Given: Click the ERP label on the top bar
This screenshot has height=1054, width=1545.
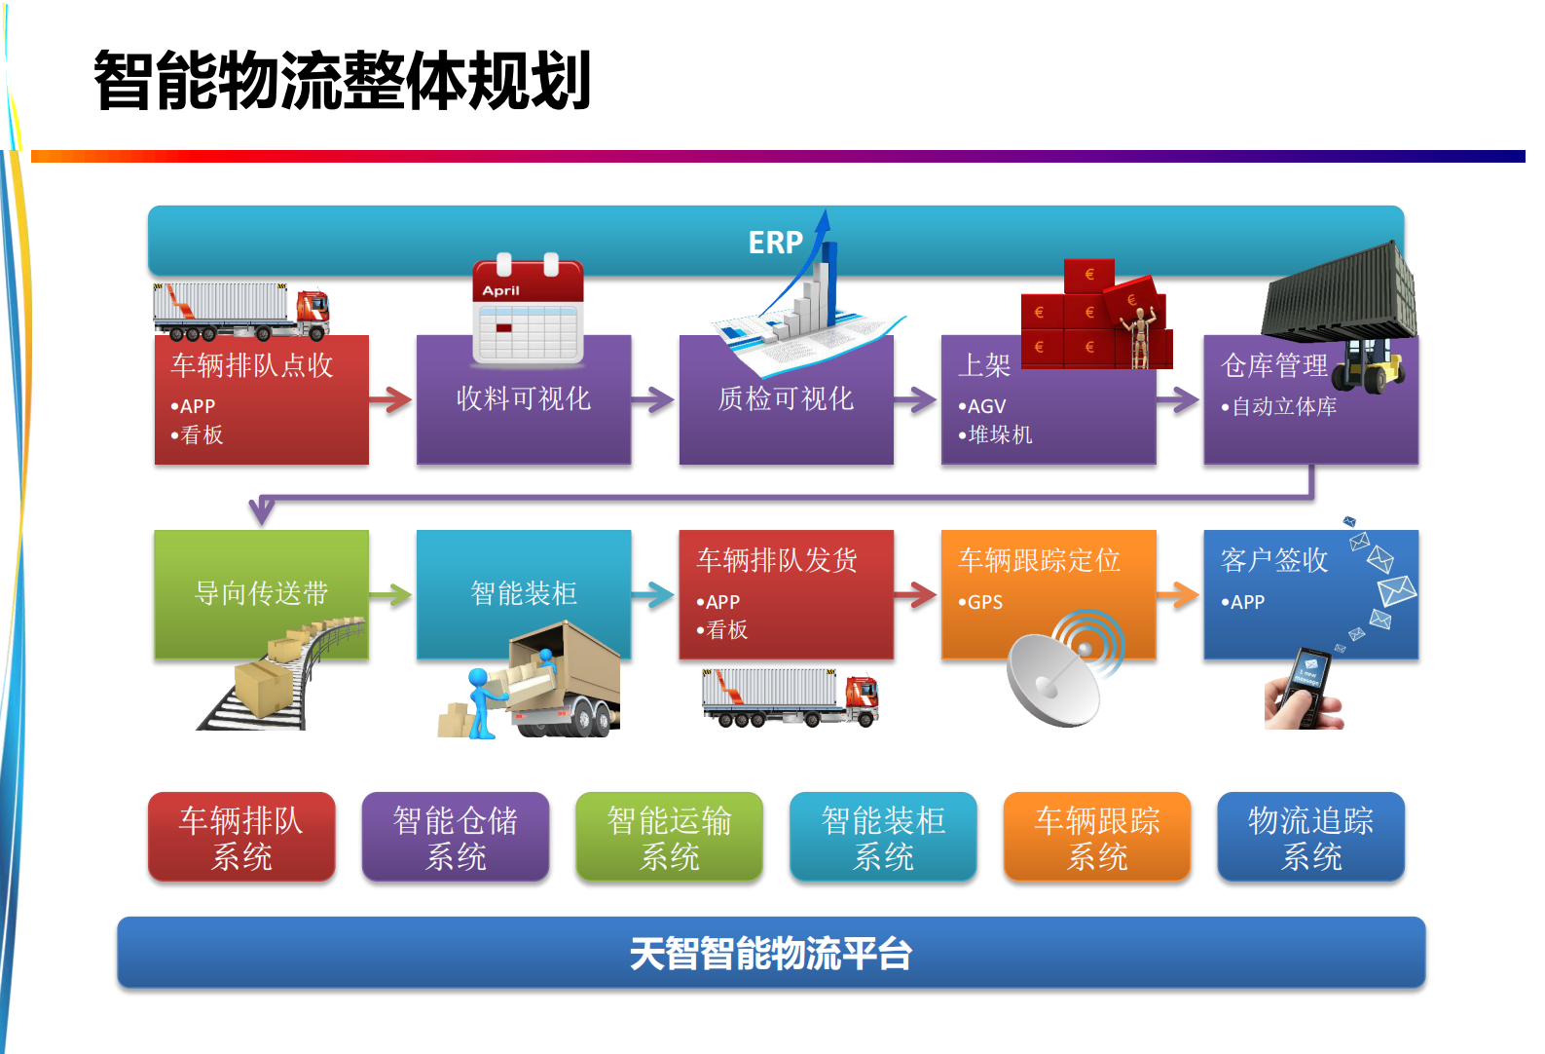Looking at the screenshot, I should pos(775,243).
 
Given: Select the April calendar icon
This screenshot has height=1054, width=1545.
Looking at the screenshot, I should pos(528,311).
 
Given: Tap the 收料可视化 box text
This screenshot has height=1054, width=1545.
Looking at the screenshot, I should pos(524,398).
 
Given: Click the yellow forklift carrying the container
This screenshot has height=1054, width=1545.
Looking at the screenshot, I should pos(1371,365).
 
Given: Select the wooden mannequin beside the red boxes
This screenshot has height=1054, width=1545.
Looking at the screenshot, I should pos(1142,336).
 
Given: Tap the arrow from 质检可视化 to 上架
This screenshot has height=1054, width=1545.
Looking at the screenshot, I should pos(915,398).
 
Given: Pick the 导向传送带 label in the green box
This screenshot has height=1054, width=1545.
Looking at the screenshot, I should pos(261,593).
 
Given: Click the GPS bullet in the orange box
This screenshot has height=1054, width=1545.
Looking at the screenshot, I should pos(983,602).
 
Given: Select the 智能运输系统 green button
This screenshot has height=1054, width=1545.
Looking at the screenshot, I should pos(669,838).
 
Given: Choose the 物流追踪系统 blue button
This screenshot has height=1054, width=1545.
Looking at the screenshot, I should pos(1310,838).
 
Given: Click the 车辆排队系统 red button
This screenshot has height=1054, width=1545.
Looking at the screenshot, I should pos(241,838).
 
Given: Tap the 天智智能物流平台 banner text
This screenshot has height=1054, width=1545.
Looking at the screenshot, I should pos(770,954).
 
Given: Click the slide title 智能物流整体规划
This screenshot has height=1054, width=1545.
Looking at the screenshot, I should pos(343,81).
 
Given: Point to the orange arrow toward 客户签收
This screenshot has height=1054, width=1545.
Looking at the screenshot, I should pos(1178,594).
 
